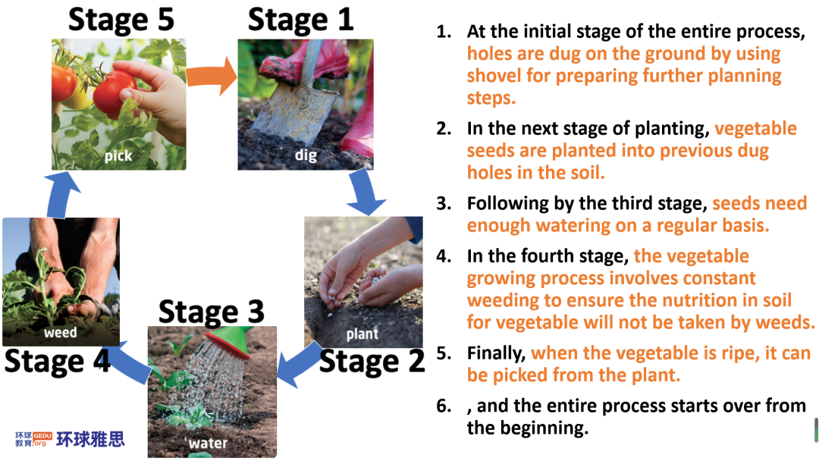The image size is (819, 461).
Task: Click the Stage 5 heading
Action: click(121, 20)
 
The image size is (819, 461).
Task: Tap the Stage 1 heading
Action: click(301, 20)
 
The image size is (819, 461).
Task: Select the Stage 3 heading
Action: click(211, 312)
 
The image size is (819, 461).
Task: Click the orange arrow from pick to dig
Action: click(212, 76)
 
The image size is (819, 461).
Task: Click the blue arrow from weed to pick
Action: click(61, 196)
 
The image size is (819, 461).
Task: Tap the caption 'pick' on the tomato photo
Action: click(118, 155)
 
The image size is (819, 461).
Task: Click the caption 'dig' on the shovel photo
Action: click(306, 155)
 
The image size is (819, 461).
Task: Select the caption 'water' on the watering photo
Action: click(208, 444)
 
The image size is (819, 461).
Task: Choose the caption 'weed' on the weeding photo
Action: click(60, 333)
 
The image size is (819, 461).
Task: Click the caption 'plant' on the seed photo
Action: click(362, 334)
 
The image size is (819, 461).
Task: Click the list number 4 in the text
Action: click(444, 256)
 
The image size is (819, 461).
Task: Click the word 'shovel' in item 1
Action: click(494, 76)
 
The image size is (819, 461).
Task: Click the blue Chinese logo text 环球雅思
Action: click(90, 439)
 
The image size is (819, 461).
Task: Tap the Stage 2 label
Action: click(372, 361)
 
